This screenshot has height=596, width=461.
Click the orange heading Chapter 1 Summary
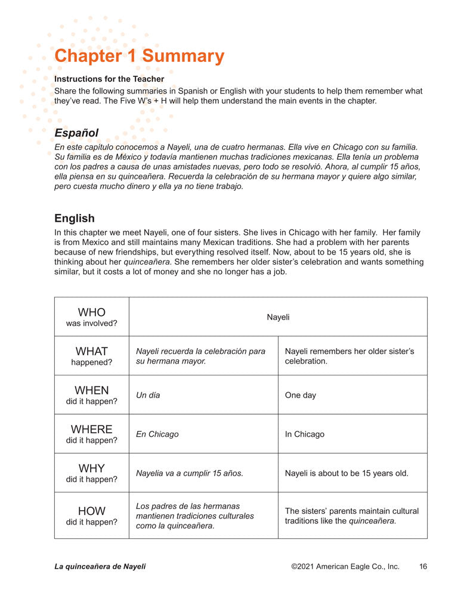tap(139, 56)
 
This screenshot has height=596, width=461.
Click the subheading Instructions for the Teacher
tap(109, 79)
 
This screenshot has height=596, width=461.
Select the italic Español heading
tap(76, 133)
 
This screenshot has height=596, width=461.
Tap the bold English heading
tap(74, 218)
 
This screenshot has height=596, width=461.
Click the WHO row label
tap(91, 316)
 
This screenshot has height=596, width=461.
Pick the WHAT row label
tap(91, 355)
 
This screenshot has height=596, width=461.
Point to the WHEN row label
tap(91, 395)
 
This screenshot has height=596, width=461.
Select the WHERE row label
tap(91, 433)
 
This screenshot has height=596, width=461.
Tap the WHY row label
tap(91, 473)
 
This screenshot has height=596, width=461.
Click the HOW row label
tap(91, 515)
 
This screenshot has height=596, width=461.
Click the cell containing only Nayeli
tap(278, 317)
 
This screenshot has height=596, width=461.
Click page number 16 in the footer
tap(423, 566)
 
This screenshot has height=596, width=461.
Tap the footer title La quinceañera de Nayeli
tap(100, 566)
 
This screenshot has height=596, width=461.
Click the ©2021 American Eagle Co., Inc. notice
tap(345, 566)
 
